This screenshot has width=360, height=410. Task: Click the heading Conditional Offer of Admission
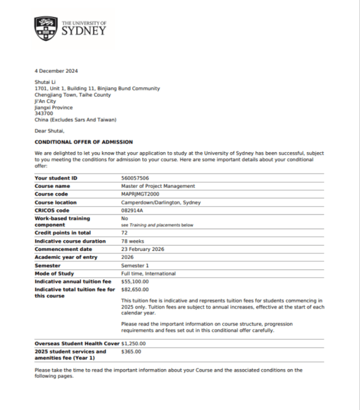[x=84, y=142]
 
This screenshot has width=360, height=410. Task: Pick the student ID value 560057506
[x=135, y=178]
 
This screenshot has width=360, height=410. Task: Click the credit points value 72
[x=125, y=233]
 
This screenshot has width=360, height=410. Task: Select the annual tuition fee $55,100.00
[x=135, y=281]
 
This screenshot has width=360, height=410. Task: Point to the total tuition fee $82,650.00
[x=135, y=289]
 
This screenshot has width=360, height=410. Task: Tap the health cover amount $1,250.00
[x=133, y=344]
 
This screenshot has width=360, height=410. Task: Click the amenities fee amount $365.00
[x=131, y=352]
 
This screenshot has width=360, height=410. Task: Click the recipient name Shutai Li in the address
[x=46, y=83]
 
